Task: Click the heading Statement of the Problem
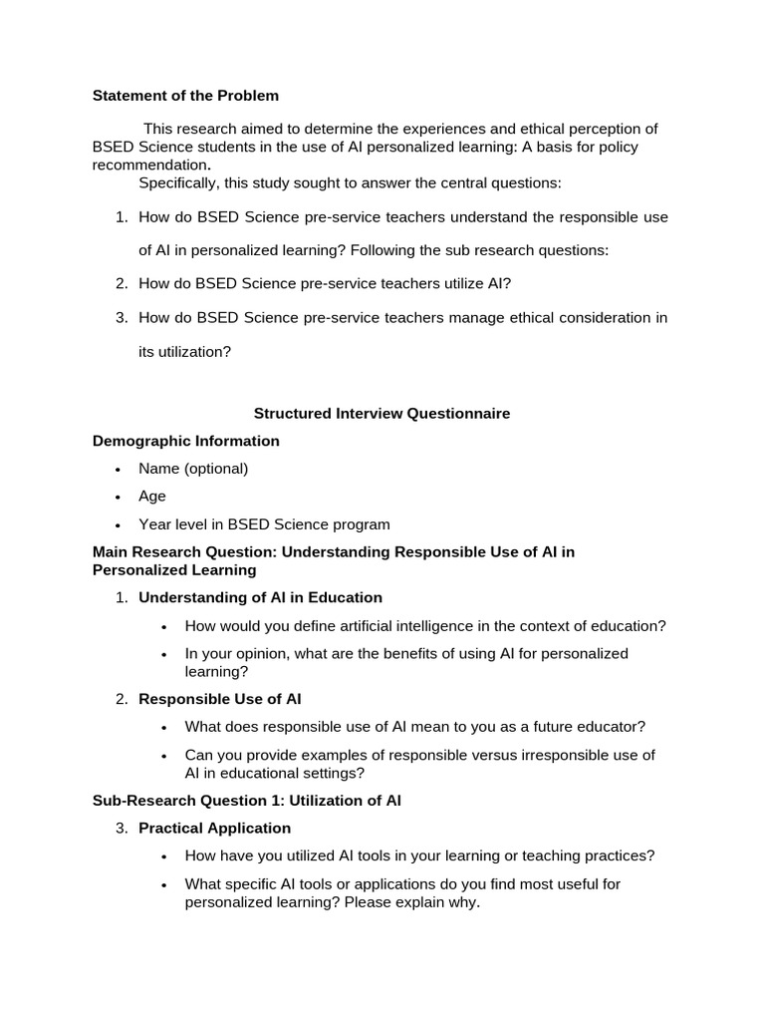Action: pyautogui.click(x=185, y=96)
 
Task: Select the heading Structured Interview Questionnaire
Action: pyautogui.click(x=382, y=413)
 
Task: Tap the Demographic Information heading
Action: pyautogui.click(x=185, y=441)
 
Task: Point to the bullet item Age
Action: pyautogui.click(x=152, y=497)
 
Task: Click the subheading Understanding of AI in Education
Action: pyautogui.click(x=260, y=598)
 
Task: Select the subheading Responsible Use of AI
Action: pyautogui.click(x=219, y=699)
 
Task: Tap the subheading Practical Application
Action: pyautogui.click(x=214, y=829)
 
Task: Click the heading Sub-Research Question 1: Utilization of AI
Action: pyautogui.click(x=246, y=801)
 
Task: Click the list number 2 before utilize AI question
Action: pyautogui.click(x=121, y=284)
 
